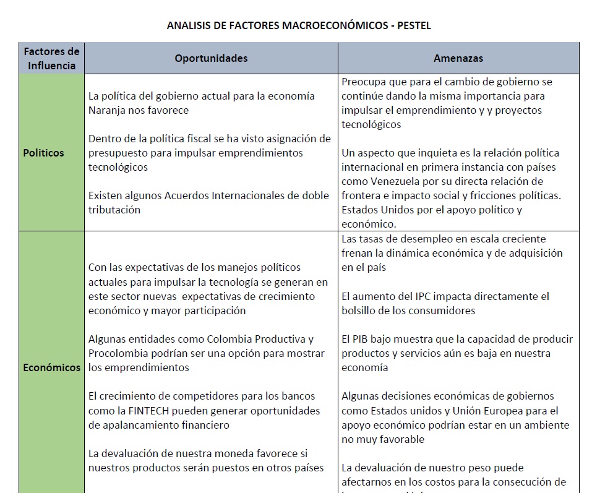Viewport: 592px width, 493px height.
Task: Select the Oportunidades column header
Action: point(211,58)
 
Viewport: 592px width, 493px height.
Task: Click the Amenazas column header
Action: point(458,58)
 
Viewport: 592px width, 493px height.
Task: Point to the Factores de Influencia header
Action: point(51,58)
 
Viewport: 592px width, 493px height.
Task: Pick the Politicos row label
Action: point(43,153)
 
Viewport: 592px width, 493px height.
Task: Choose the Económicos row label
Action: point(51,367)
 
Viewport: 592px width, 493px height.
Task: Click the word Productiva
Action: point(280,339)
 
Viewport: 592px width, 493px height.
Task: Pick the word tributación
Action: point(114,210)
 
